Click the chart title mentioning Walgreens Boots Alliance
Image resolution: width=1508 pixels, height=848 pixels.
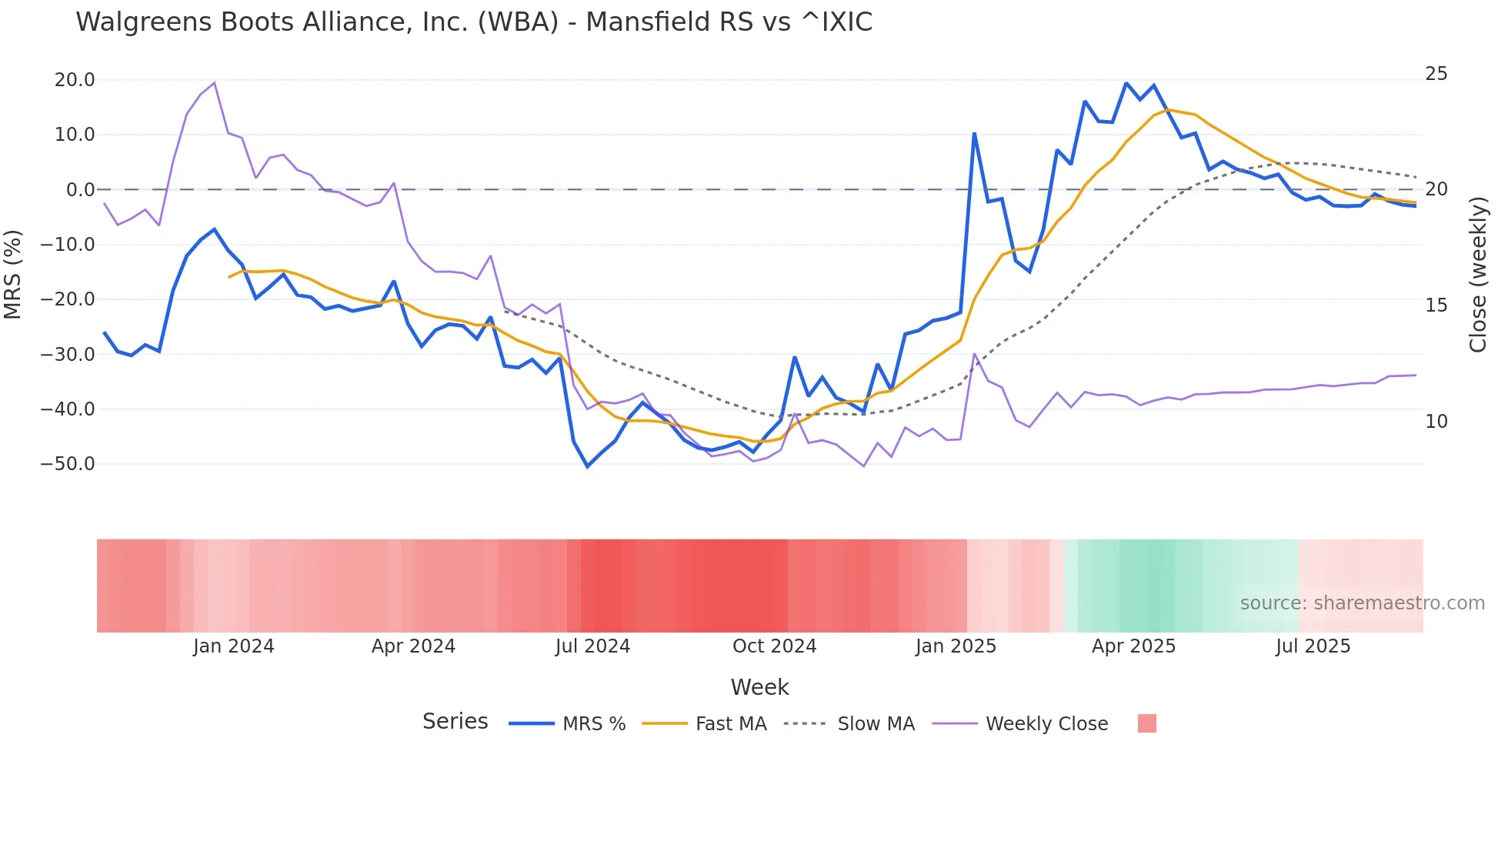click(x=474, y=22)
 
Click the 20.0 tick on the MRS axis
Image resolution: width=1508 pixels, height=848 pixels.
click(x=75, y=80)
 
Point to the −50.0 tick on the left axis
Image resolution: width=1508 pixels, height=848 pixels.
click(x=68, y=464)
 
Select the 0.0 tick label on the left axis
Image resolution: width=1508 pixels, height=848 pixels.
click(x=80, y=190)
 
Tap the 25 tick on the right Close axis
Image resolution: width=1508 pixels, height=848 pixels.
click(x=1436, y=74)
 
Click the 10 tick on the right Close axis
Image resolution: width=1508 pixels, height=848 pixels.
click(x=1436, y=422)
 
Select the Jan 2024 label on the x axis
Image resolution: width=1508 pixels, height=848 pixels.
click(x=233, y=646)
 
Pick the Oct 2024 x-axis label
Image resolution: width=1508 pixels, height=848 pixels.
click(x=774, y=646)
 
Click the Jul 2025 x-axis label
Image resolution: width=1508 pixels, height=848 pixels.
click(x=1313, y=646)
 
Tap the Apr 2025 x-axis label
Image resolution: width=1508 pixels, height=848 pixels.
click(x=1133, y=646)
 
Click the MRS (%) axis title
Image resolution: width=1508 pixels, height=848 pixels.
click(x=13, y=274)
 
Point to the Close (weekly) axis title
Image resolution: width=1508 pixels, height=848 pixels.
click(x=1477, y=275)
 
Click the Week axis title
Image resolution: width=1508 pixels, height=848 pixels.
click(x=759, y=687)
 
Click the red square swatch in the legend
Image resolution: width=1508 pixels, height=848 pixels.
click(x=1146, y=723)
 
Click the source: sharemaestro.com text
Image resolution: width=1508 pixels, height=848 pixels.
click(x=1362, y=603)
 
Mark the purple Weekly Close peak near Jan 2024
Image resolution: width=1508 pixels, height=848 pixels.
click(x=214, y=83)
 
